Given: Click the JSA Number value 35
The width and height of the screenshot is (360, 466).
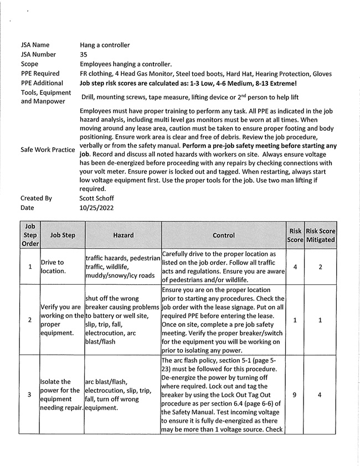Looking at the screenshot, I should tap(84, 55).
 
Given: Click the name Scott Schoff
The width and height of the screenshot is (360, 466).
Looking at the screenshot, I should tap(97, 198).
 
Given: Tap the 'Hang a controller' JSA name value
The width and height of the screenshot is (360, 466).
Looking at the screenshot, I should tap(105, 45).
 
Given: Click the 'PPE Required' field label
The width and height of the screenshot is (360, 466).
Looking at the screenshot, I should tap(40, 74).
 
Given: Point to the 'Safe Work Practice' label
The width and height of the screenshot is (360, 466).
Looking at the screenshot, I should tap(48, 150).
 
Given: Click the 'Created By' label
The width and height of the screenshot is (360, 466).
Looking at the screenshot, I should tap(36, 198).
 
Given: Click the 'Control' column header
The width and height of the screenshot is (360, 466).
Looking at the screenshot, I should tap(223, 235).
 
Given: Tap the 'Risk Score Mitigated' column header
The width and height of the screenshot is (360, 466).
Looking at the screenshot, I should tap(321, 235).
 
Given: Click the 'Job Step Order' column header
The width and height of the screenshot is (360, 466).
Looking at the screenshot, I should tap(30, 235).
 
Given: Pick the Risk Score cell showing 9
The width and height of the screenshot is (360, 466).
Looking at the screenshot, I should tap(295, 395).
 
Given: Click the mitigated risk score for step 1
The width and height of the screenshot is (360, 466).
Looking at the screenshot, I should tap(321, 267).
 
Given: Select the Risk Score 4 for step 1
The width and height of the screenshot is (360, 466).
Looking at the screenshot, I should tap(295, 267).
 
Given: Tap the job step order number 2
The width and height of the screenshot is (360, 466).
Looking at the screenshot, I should tap(30, 320).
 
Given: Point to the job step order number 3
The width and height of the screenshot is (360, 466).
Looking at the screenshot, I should tap(30, 395).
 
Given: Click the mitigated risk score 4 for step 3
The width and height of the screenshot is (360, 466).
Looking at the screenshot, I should tap(321, 395).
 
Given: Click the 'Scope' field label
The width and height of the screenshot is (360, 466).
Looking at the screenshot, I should tap(30, 64).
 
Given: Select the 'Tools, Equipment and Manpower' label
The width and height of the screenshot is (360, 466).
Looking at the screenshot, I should tap(46, 97).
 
